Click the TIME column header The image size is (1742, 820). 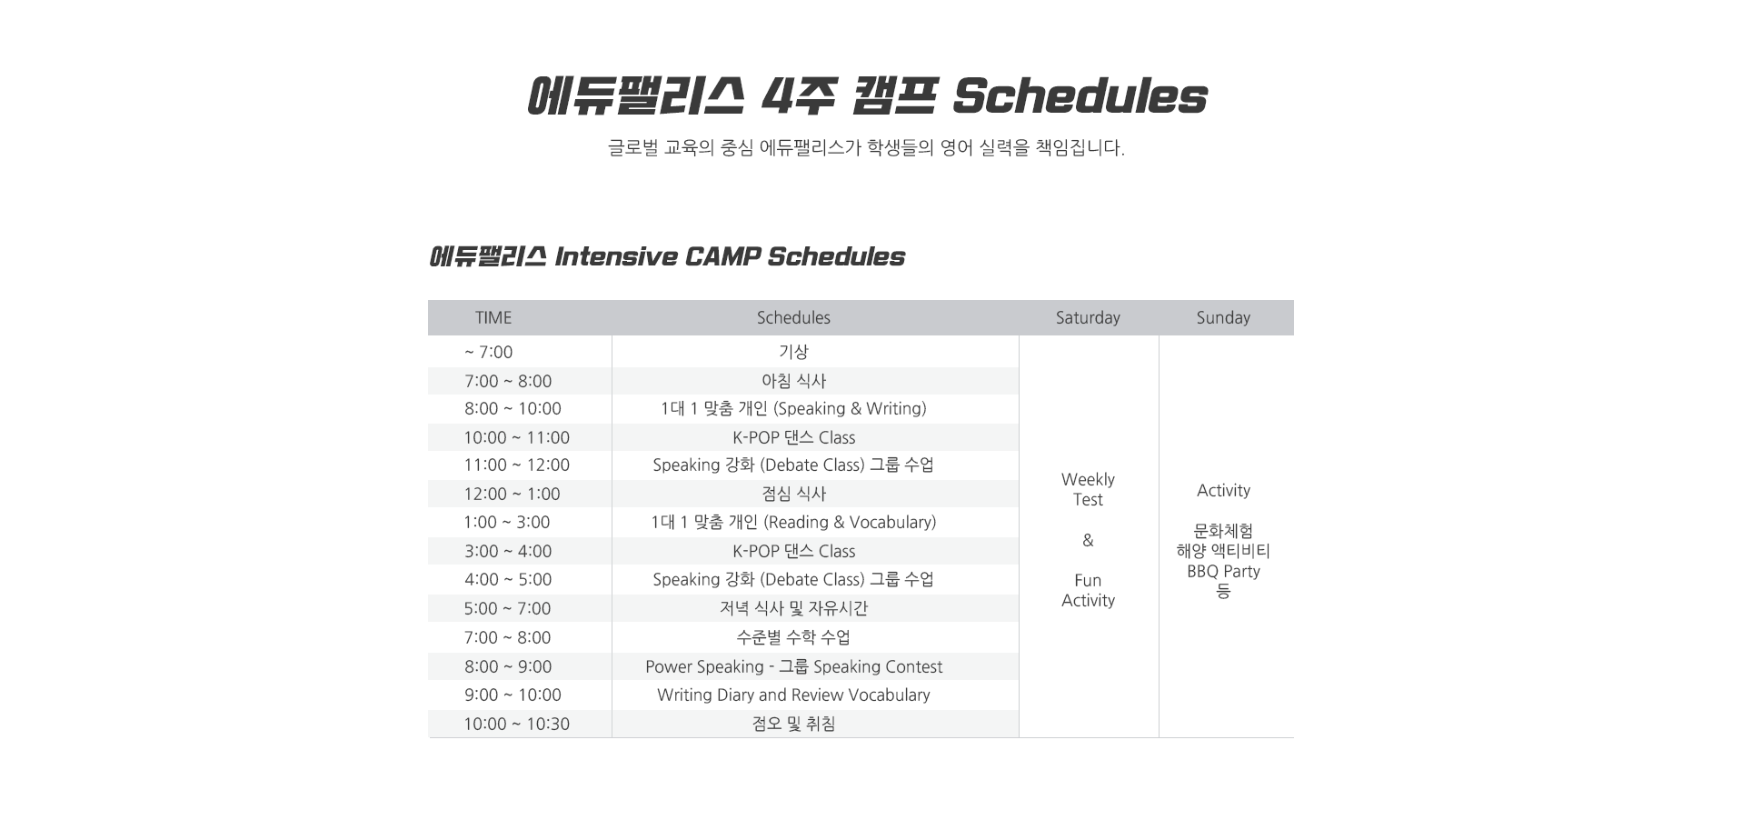(493, 317)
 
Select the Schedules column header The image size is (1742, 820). (793, 317)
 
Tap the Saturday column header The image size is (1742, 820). (1088, 317)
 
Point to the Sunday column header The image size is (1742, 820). (1223, 317)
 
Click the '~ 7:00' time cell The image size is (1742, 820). (488, 352)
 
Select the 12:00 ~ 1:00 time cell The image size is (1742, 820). (512, 494)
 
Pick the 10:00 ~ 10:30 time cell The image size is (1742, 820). (516, 724)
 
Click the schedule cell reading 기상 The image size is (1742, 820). (793, 352)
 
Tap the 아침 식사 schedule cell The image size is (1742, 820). (793, 381)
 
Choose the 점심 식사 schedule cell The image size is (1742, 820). (793, 494)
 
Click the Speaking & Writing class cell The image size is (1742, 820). (793, 409)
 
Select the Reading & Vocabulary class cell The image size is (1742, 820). (793, 523)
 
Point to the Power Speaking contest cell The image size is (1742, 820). (793, 666)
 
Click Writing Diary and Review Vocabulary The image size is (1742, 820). (793, 695)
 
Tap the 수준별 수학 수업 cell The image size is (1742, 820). (793, 637)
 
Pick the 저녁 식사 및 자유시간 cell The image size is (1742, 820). (793, 608)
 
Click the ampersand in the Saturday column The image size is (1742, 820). (1088, 540)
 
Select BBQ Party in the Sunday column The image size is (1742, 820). (1223, 571)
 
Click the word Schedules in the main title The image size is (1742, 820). (1080, 95)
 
